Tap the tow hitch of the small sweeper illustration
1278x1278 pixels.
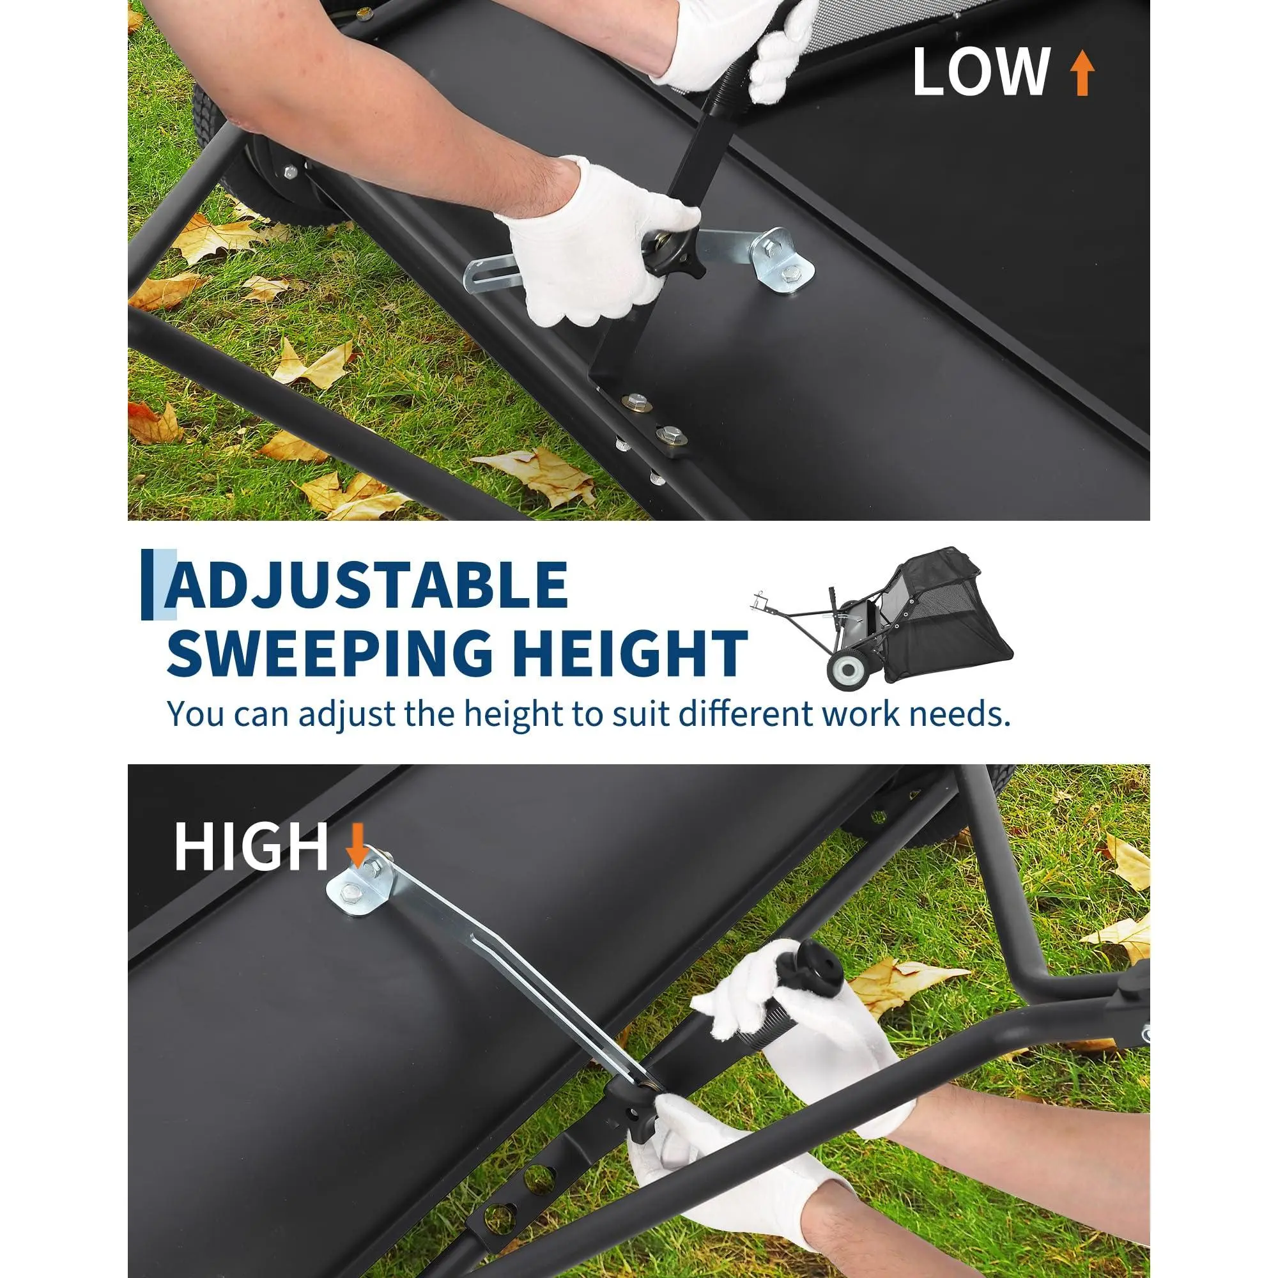click(x=760, y=602)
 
